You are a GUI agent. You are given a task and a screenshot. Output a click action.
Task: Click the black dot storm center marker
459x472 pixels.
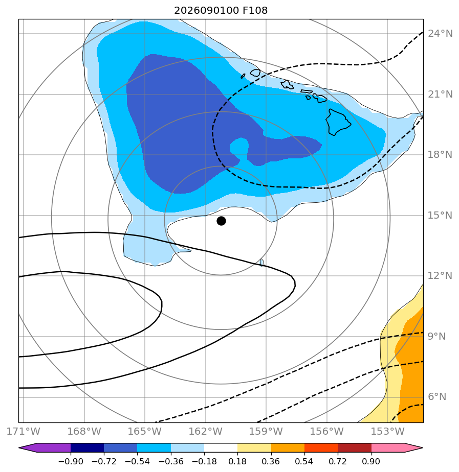point(221,221)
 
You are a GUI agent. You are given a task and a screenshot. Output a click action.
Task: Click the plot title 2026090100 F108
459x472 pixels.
point(221,11)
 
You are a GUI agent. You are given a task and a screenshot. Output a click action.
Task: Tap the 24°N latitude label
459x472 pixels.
point(440,33)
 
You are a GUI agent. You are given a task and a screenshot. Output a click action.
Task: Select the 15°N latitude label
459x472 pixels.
point(440,215)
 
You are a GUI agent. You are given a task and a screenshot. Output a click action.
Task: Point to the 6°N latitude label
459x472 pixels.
point(437,397)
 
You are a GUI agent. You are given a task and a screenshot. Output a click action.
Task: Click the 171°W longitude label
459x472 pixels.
point(23,431)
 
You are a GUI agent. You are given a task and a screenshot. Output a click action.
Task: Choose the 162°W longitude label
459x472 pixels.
point(205,431)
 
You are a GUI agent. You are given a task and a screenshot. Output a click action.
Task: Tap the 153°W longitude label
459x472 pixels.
point(387,431)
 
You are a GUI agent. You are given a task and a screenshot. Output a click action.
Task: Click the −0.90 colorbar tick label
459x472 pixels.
point(71,461)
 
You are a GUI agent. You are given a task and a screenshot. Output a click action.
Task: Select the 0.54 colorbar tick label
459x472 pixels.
point(304,461)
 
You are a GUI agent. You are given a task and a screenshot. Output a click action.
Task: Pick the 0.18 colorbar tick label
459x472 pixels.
point(237,461)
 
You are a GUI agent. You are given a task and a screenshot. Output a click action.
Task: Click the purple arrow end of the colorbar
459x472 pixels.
point(45,447)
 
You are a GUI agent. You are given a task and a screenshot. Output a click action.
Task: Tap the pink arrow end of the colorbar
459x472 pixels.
point(397,447)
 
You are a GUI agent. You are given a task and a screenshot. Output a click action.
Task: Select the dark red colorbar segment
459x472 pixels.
point(354,447)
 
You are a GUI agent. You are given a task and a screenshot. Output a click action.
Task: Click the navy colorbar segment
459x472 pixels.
point(87,447)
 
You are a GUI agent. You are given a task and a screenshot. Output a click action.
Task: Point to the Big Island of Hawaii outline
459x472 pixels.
point(338,122)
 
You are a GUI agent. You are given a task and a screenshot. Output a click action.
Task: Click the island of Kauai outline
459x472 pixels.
point(255,73)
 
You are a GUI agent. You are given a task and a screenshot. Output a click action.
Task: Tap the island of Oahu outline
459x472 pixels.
point(288,84)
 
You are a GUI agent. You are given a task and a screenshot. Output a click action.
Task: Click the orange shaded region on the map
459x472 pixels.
point(411,370)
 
